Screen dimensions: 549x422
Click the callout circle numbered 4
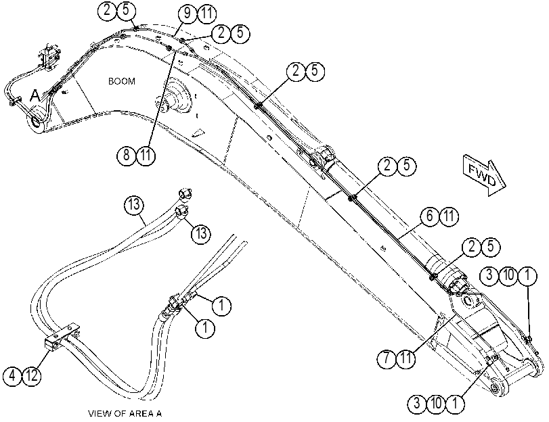click(12, 376)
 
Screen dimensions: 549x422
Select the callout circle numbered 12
click(32, 376)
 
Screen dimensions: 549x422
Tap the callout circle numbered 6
click(430, 216)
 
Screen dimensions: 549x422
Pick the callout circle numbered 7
click(387, 358)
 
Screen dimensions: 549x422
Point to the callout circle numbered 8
click(127, 155)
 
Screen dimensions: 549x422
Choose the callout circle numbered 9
click(188, 14)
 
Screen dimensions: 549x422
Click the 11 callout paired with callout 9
click(207, 14)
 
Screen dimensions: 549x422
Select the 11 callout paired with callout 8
click(146, 155)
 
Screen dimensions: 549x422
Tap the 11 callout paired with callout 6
click(449, 216)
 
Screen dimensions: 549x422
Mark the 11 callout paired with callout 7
click(406, 358)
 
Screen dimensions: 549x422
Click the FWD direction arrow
click(484, 176)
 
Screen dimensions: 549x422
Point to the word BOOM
click(121, 81)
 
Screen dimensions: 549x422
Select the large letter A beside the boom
click(35, 95)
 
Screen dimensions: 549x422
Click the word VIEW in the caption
click(100, 414)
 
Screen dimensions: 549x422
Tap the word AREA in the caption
click(142, 414)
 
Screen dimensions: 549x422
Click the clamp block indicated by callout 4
click(62, 336)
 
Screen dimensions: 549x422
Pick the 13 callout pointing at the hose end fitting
click(201, 233)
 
